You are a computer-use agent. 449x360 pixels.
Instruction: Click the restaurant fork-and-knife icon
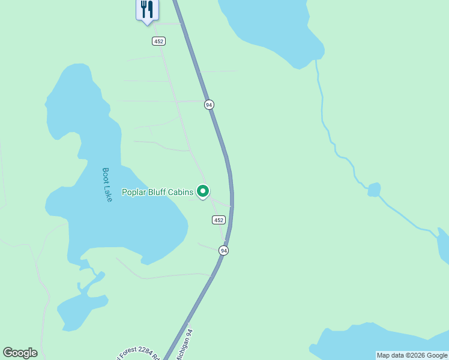click(147, 10)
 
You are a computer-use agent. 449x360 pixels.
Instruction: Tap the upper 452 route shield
click(158, 41)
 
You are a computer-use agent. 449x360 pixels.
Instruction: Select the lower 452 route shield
click(218, 220)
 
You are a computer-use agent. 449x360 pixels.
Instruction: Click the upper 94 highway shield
click(209, 104)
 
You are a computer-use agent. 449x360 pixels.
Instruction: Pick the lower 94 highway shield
click(223, 250)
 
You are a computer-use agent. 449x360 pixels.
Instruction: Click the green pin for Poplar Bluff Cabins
click(203, 191)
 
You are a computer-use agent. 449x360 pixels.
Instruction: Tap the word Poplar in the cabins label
click(135, 193)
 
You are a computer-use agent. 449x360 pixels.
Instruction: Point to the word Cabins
click(181, 193)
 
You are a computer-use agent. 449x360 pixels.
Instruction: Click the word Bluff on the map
click(158, 193)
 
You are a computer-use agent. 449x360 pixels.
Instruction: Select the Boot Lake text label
click(107, 184)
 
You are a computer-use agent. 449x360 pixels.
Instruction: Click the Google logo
click(20, 353)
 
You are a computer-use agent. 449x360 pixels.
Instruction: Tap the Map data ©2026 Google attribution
click(412, 355)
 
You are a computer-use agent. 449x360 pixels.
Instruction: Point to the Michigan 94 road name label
click(184, 344)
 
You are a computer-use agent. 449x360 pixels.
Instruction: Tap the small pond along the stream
click(374, 190)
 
